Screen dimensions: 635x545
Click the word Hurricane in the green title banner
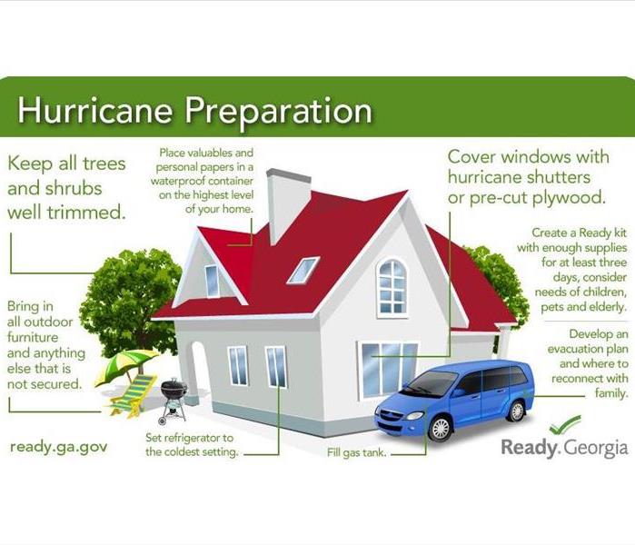coord(94,110)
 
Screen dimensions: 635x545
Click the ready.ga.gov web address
coord(59,448)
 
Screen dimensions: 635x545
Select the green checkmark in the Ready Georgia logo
coord(565,424)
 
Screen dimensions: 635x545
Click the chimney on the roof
coord(288,204)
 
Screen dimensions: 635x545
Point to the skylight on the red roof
coord(303,270)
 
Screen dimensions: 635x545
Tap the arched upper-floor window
coord(392,287)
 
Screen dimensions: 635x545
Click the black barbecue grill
coord(174,399)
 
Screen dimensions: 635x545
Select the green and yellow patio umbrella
coord(127,364)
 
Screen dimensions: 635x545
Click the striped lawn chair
coord(134,396)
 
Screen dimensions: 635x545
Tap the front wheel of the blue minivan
coord(441,428)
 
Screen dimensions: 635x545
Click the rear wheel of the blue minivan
coord(517,411)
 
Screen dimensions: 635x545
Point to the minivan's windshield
coord(430,383)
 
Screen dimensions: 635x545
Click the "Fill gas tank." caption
coord(356,452)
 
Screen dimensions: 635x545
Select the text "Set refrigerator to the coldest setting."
coord(192,444)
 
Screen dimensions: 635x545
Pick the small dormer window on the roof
coord(213,281)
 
